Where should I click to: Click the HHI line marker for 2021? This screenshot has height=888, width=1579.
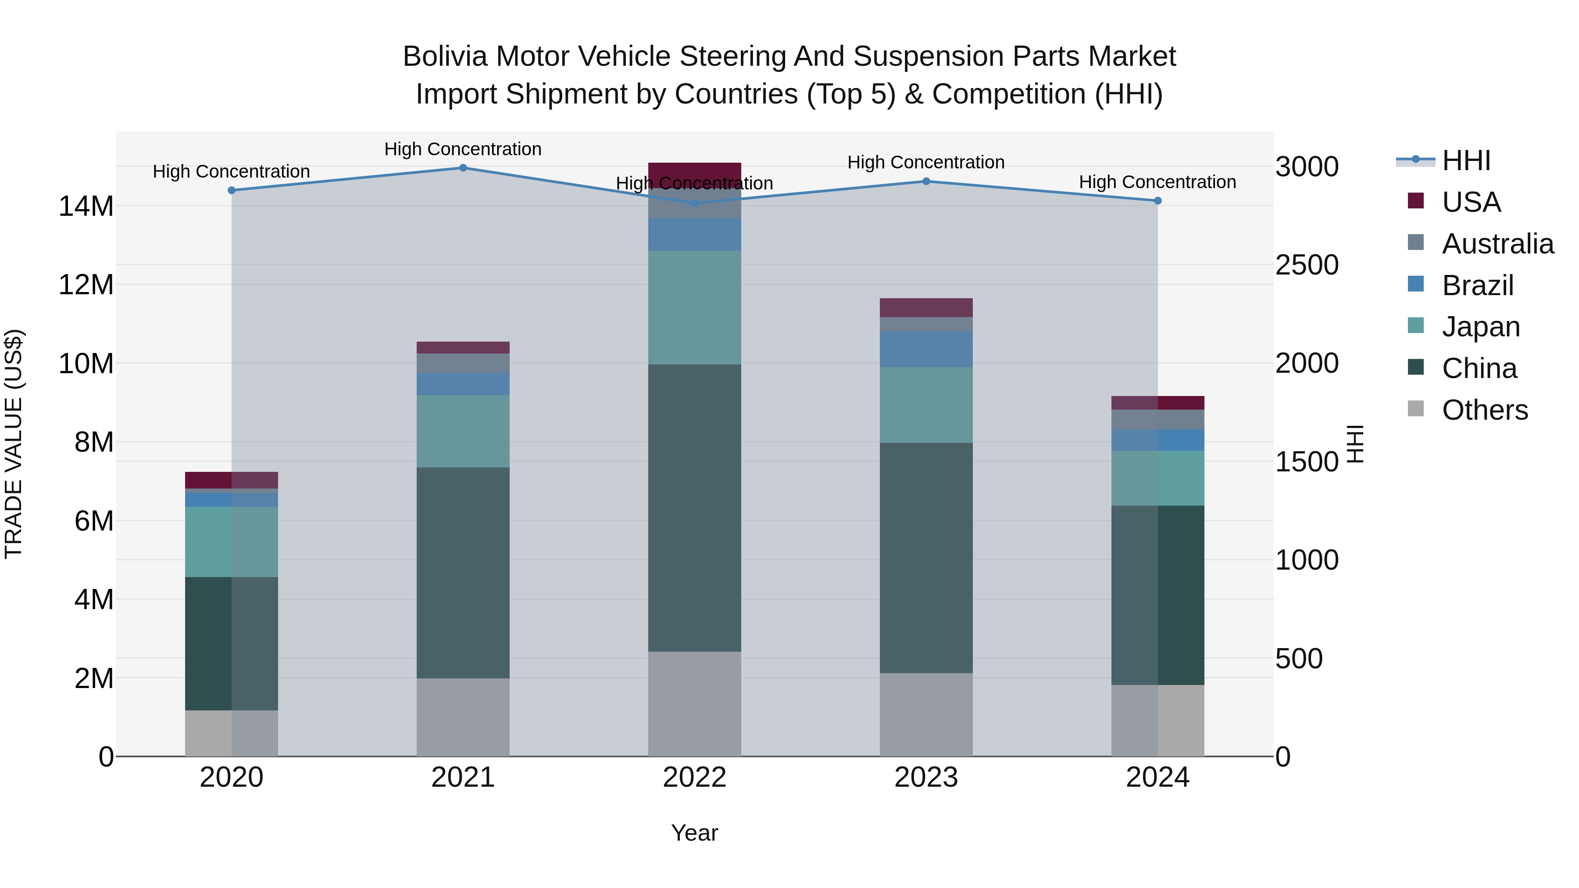pos(463,168)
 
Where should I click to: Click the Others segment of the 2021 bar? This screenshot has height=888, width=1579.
pos(463,717)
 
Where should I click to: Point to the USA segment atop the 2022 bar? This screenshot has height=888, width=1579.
pos(694,171)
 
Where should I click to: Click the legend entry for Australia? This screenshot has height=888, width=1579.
pos(1497,244)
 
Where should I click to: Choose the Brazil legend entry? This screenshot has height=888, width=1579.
pos(1477,285)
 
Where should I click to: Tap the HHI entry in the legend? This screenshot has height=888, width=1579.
pos(1465,160)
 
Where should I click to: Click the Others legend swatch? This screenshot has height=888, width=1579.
pos(1415,409)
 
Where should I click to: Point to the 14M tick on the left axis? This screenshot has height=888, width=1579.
pos(86,207)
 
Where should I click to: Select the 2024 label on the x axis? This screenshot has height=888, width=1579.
pos(1157,777)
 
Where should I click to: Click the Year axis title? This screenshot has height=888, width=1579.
pos(694,833)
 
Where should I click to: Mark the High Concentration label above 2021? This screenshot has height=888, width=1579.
pos(463,149)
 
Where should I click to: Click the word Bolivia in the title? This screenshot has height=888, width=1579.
pos(446,57)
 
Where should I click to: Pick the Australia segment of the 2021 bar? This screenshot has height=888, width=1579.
pos(463,363)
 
